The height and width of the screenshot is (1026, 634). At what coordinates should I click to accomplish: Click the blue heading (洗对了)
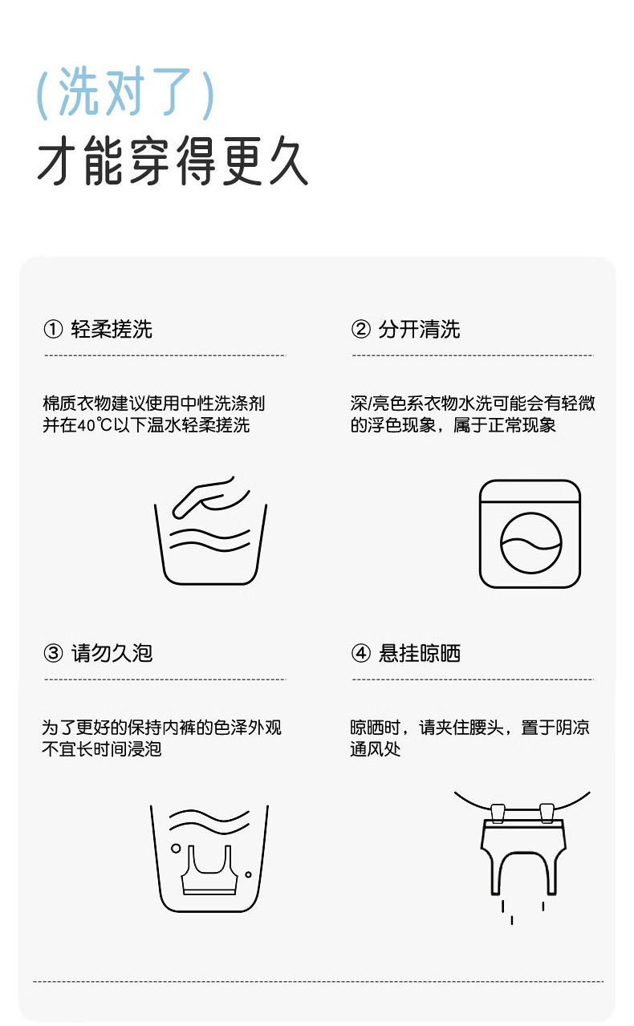coord(125,92)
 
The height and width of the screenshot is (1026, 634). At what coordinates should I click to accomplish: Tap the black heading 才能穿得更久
coord(173,160)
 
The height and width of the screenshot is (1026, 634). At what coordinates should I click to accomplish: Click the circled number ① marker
coord(53,329)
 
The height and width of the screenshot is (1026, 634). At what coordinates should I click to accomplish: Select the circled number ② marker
coord(360,329)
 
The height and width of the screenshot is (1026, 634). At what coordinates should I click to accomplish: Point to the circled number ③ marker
coord(53,653)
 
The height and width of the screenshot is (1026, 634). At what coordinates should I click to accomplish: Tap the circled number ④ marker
coord(360,653)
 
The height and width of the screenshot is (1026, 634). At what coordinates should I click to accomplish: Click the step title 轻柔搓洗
coord(112,330)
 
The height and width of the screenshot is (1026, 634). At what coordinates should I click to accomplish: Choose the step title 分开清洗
coord(419,330)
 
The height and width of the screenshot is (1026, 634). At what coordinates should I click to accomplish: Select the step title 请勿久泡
coord(112,654)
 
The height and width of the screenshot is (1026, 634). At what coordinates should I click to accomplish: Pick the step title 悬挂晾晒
coord(419,654)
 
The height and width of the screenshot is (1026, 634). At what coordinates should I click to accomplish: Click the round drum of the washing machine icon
coord(530,543)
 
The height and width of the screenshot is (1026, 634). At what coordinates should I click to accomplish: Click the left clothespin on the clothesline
coord(498,813)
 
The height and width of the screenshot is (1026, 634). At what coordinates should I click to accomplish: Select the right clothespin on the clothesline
coord(547,813)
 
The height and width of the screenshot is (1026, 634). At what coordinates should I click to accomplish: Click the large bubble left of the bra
coord(176,848)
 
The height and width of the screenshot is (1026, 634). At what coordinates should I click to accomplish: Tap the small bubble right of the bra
coord(248,874)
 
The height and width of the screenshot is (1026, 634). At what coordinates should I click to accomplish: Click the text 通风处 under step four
coord(375,749)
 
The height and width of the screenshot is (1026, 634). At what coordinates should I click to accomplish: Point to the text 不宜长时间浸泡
coord(102,749)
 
